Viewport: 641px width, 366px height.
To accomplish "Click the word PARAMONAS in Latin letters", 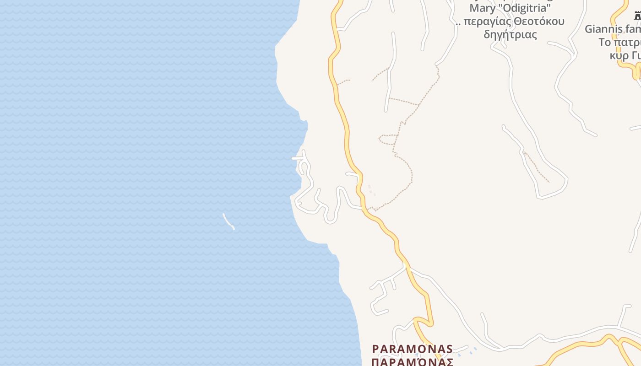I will [x=413, y=349].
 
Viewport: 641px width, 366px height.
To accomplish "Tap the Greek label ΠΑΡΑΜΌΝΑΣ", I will [x=413, y=362].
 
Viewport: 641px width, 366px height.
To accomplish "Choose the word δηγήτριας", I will [x=510, y=34].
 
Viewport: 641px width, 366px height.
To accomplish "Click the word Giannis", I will [x=603, y=29].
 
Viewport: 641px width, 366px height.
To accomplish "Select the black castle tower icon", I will [x=637, y=16].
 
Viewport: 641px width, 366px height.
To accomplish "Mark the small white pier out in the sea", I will [x=228, y=221].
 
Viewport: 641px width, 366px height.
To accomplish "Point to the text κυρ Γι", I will [x=625, y=55].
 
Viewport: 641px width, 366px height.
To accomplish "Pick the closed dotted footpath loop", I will [x=387, y=139].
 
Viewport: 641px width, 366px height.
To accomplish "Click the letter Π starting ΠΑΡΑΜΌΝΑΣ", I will [x=375, y=362].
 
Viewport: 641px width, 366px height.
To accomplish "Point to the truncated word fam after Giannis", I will [x=633, y=29].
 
